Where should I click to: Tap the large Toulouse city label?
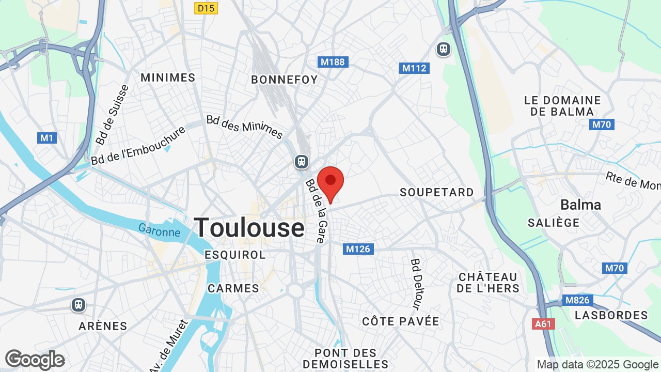249,227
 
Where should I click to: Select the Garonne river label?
159,230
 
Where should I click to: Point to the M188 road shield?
333,62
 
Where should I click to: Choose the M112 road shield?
415,68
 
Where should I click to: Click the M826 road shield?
577,300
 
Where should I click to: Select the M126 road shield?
358,249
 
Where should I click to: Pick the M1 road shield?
47,138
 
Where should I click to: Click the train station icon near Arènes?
78,305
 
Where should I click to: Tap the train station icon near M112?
443,49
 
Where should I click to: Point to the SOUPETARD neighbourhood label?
436,192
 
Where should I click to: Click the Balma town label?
580,205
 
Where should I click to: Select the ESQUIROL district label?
235,255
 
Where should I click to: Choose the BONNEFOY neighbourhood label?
284,80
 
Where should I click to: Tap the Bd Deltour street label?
417,283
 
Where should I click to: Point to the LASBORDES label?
611,315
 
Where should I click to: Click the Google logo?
35,360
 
